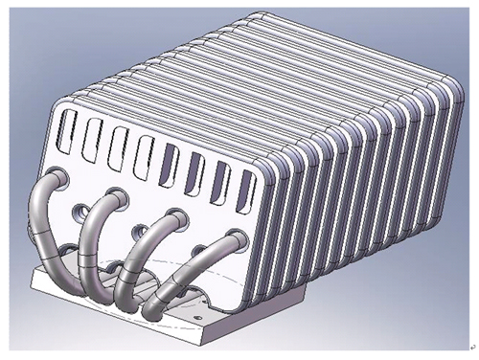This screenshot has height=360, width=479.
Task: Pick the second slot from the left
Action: pos(93,138)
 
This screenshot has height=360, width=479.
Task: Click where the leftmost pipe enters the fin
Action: pos(57,178)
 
